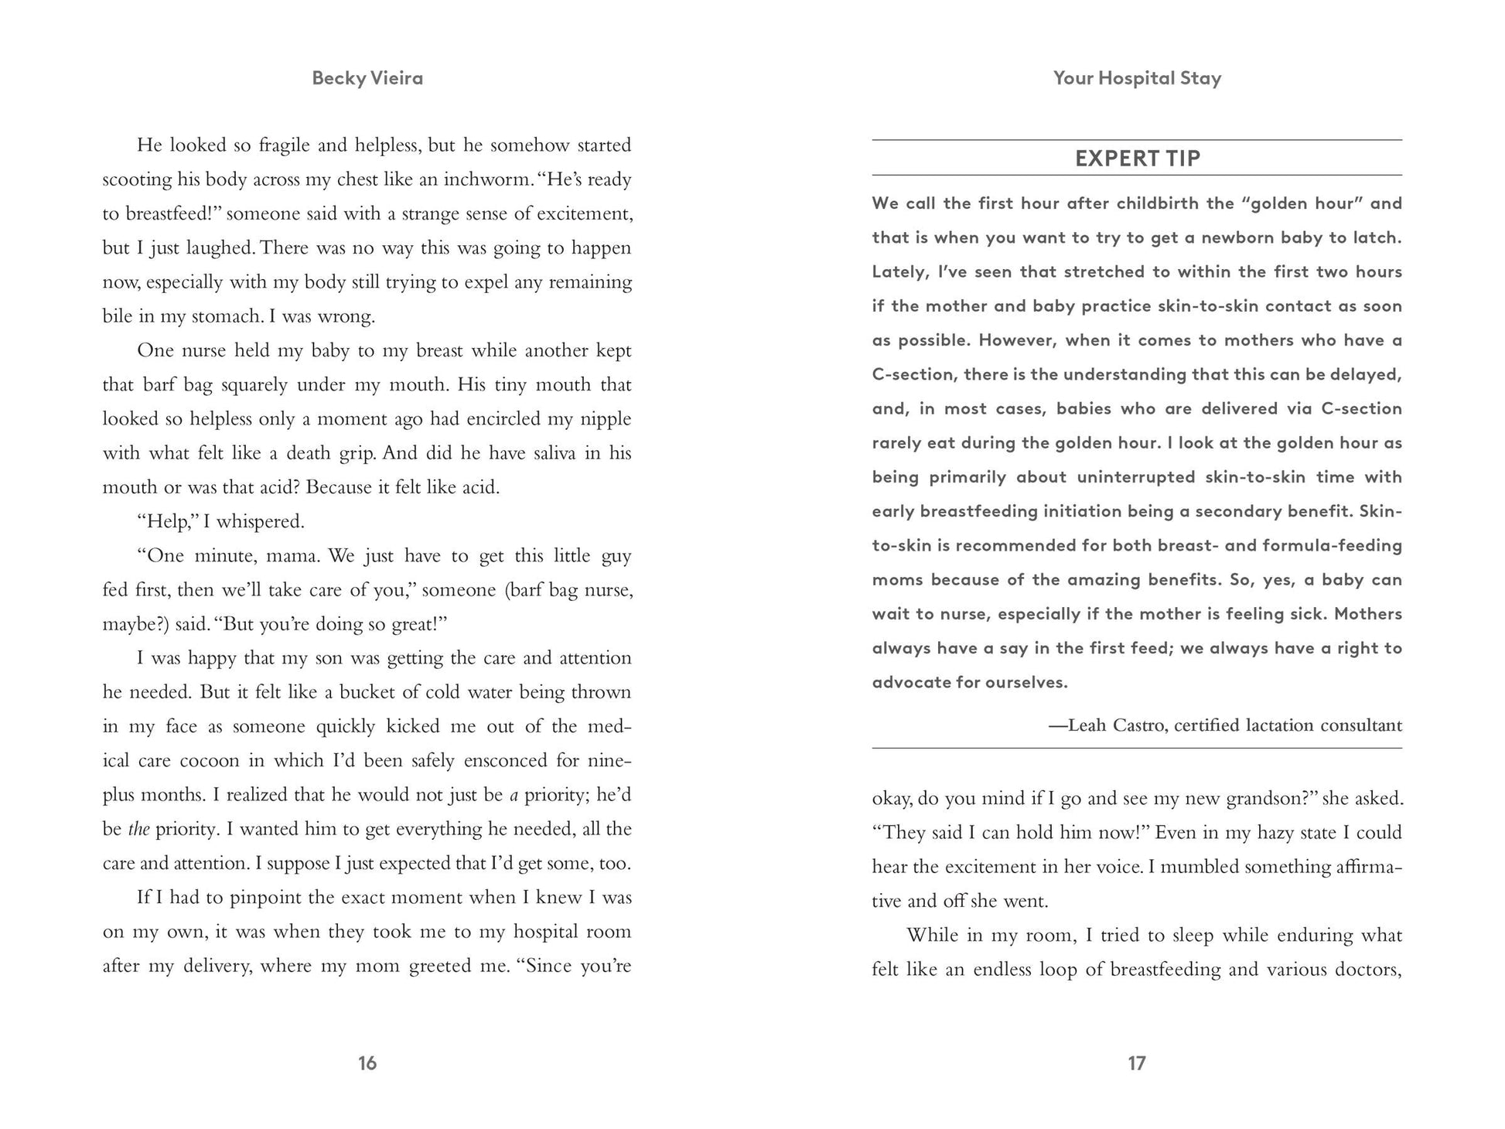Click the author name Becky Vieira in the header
pyautogui.click(x=367, y=78)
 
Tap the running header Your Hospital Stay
pyautogui.click(x=1137, y=78)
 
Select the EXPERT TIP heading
pyautogui.click(x=1138, y=159)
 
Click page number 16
pyautogui.click(x=367, y=1063)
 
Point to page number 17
pyautogui.click(x=1136, y=1063)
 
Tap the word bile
pyautogui.click(x=118, y=316)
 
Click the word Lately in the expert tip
pyautogui.click(x=899, y=272)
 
